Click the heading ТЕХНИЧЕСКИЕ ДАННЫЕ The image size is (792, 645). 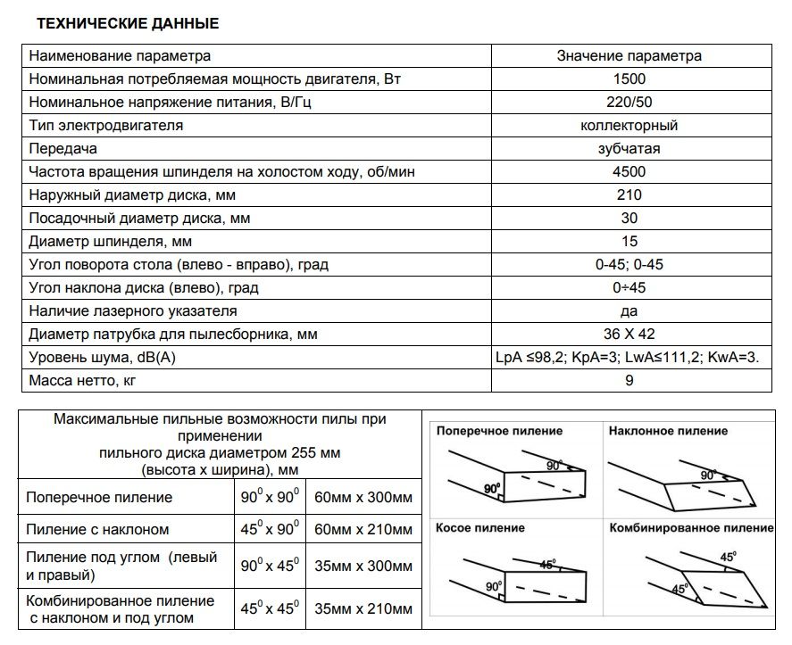(x=127, y=24)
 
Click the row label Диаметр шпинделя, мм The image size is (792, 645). (x=111, y=241)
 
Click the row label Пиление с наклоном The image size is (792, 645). (x=98, y=529)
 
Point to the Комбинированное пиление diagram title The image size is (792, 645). (x=691, y=527)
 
